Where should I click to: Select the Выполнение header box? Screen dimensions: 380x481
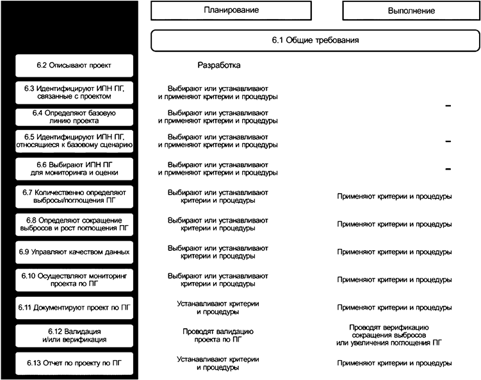pyautogui.click(x=411, y=11)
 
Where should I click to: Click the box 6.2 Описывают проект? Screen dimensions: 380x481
pyautogui.click(x=74, y=65)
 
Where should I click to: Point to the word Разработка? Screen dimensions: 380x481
pyautogui.click(x=219, y=65)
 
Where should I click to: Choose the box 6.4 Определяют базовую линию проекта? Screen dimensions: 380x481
pyautogui.click(x=74, y=118)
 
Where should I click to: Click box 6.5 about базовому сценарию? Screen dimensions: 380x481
pyautogui.click(x=74, y=141)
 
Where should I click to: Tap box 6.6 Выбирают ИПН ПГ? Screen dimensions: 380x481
pyautogui.click(x=74, y=169)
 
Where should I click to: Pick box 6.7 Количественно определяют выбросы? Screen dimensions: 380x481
pyautogui.click(x=74, y=196)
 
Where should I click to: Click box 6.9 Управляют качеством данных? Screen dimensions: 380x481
pyautogui.click(x=74, y=252)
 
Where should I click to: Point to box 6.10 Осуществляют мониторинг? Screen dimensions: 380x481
pyautogui.click(x=74, y=280)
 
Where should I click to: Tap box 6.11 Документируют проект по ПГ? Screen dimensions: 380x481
pyautogui.click(x=74, y=308)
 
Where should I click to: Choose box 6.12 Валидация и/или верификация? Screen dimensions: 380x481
pyautogui.click(x=74, y=335)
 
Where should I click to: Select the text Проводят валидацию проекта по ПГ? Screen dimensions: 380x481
pyautogui.click(x=219, y=335)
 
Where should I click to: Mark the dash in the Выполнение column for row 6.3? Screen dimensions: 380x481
pyautogui.click(x=448, y=106)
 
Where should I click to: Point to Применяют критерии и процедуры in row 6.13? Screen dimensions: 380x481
pyautogui.click(x=395, y=363)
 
